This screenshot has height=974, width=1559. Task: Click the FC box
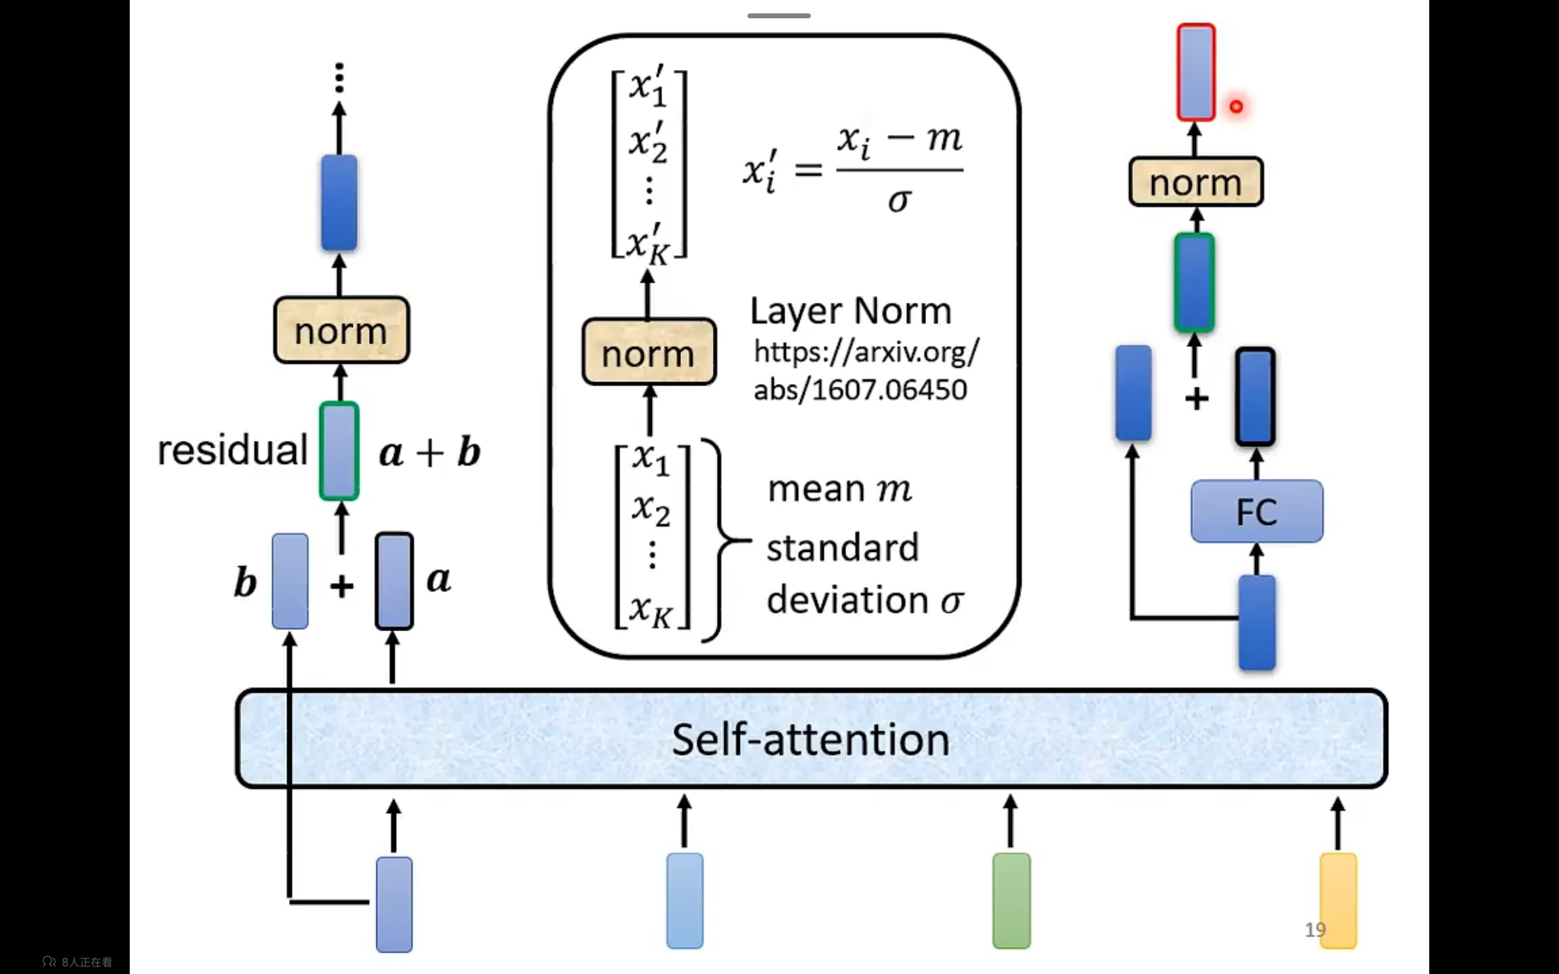coord(1256,512)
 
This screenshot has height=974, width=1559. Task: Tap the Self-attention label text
coord(810,739)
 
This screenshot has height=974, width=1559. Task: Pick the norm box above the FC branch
coord(1196,182)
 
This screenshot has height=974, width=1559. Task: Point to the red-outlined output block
coord(1196,72)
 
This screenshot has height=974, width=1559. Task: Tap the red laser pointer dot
coord(1236,106)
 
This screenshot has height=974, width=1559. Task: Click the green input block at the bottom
coord(1011,900)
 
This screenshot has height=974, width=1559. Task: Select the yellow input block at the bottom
coord(1338,900)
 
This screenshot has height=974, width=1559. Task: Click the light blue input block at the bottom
coord(685,900)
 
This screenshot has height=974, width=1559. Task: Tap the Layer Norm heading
coord(850,311)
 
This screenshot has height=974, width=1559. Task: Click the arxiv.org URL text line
coord(866,351)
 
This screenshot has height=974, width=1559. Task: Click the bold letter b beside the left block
coord(246,582)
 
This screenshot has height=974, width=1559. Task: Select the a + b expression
coord(430,452)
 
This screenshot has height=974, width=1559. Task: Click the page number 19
coord(1315,930)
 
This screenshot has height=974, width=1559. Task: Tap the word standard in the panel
coord(843,548)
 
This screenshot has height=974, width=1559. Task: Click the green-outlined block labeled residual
coord(339,451)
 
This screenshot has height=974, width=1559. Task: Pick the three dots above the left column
coord(339,78)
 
